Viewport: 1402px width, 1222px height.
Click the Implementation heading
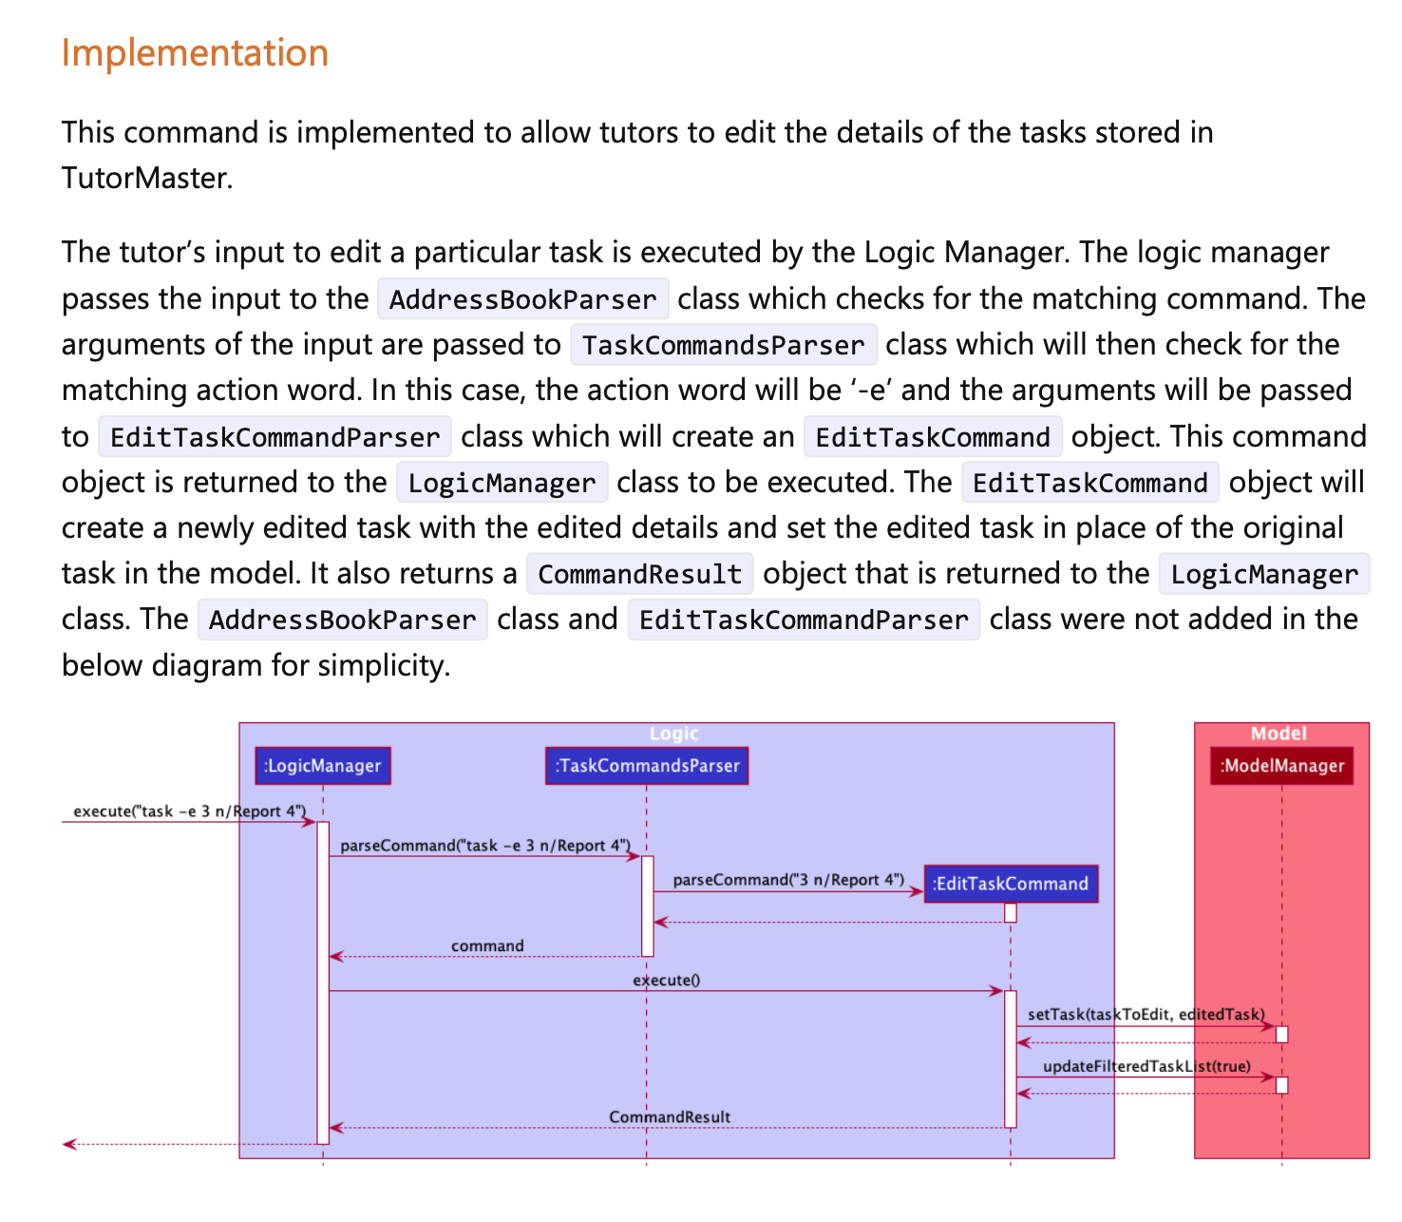coord(195,53)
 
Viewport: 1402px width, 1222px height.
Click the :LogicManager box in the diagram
coord(323,766)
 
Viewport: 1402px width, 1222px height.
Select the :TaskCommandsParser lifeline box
coord(647,766)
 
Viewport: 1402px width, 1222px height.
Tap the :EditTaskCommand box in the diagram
coord(1011,884)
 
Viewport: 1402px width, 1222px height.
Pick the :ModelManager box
coord(1282,766)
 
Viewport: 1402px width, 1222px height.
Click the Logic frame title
coord(674,734)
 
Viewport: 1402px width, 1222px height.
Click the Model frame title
coord(1279,734)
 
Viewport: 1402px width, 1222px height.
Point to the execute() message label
coord(667,980)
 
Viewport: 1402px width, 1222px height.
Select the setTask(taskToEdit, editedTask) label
coord(1146,1014)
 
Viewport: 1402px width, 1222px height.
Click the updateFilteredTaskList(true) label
coord(1146,1066)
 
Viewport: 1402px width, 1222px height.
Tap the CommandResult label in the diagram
coord(670,1117)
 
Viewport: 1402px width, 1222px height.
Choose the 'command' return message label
coord(487,945)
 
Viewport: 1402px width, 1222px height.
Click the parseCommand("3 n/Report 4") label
coord(788,880)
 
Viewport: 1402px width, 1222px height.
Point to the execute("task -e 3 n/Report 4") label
coord(190,811)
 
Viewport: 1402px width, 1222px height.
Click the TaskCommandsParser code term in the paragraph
coord(723,345)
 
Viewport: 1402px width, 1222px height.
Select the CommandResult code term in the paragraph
coord(639,574)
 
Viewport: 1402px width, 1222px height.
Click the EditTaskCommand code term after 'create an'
coord(932,437)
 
